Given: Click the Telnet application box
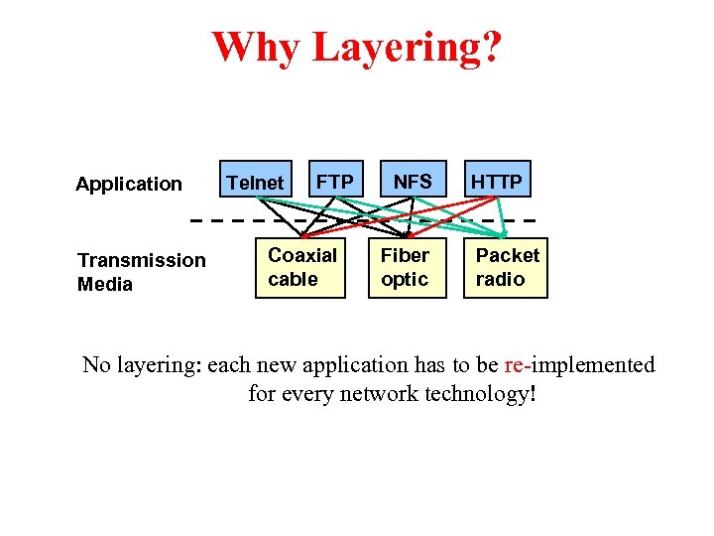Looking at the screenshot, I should tap(256, 183).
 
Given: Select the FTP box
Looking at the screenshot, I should tap(336, 182).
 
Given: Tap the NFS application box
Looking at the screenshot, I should tap(413, 182).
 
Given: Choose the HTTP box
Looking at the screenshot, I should tap(497, 182).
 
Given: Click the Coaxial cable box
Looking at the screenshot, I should tap(301, 267).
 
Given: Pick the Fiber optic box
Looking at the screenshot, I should tap(406, 267).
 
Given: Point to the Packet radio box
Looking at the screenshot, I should tap(507, 267).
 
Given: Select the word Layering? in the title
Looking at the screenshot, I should tap(407, 48).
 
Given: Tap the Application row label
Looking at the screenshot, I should tap(129, 184).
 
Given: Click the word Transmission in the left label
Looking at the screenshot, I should tap(141, 260).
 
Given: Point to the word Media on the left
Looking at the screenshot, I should tap(104, 285).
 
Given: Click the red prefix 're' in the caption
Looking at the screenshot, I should tap(513, 365).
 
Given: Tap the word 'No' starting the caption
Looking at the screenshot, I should tap(96, 365).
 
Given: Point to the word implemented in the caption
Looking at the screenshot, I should tap(592, 365).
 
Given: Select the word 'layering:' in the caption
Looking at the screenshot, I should tap(158, 366).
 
